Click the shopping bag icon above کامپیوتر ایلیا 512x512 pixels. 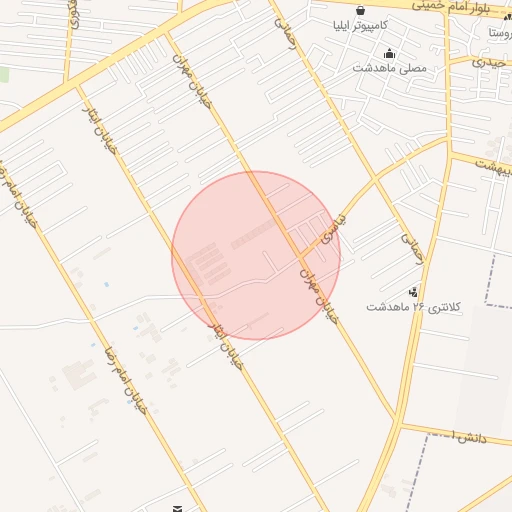click(x=360, y=11)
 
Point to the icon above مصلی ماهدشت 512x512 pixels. click(x=389, y=54)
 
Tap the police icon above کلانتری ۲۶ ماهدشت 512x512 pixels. click(x=414, y=292)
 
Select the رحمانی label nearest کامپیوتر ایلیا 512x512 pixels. click(x=288, y=28)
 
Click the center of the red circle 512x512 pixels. click(x=256, y=255)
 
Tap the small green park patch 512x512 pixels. click(x=4, y=75)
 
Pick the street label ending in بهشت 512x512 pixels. click(x=492, y=166)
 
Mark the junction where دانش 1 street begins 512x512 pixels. click(x=399, y=424)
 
